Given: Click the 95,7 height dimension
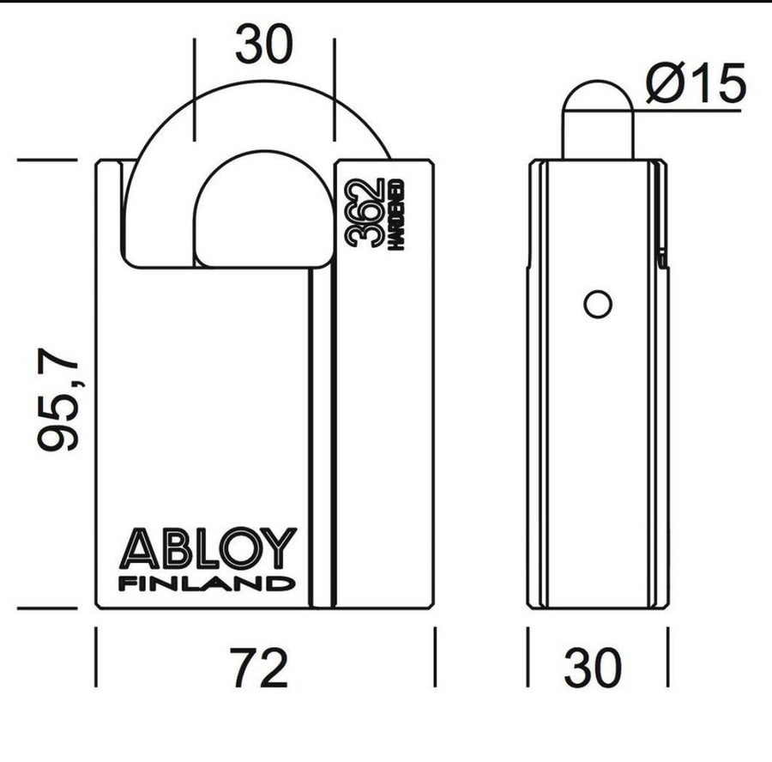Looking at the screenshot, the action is tap(57, 399).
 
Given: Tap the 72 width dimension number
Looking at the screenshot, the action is tap(259, 668).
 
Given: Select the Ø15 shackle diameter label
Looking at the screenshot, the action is tap(697, 82).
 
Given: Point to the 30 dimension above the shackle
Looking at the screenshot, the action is tap(264, 45).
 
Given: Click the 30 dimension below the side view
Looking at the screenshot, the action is tap(593, 668).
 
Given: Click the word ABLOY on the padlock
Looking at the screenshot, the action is tap(208, 547).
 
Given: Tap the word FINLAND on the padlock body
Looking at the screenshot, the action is tap(207, 584).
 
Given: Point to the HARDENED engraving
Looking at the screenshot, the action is tap(397, 215).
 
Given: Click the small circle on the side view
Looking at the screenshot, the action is tap(598, 305).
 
